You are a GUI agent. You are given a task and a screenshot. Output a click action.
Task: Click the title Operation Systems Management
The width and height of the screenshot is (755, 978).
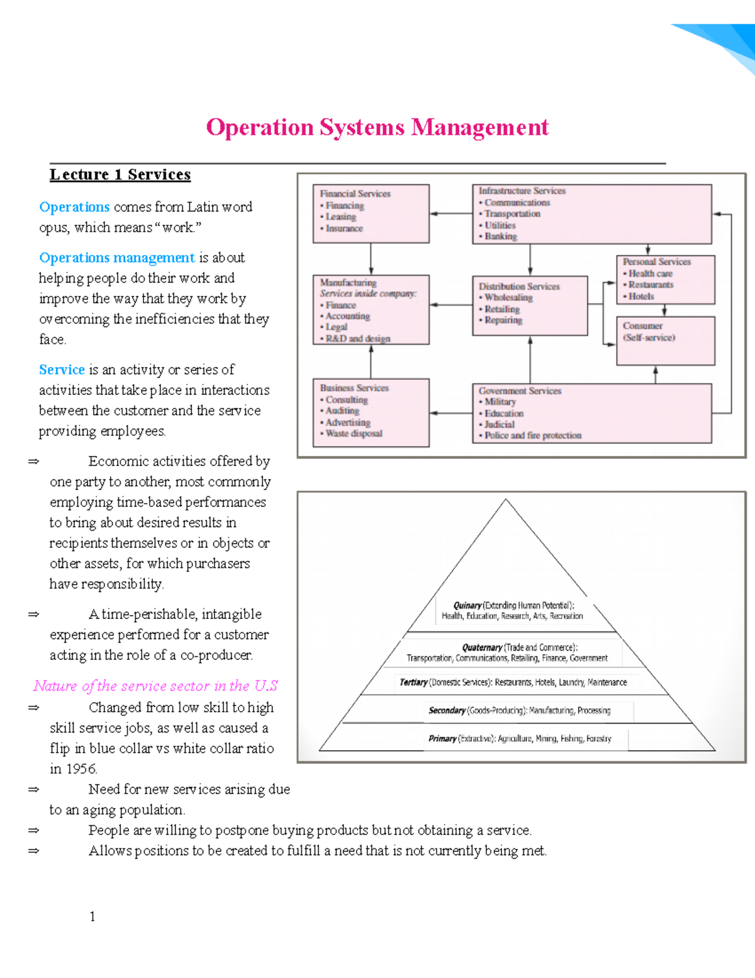click(x=377, y=128)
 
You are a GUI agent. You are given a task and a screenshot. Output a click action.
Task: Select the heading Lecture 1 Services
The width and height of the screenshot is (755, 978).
click(x=120, y=174)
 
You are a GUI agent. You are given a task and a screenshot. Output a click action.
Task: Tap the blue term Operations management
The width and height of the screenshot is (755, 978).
click(x=117, y=258)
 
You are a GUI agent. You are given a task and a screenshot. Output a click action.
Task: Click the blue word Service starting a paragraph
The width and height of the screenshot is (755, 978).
click(x=62, y=370)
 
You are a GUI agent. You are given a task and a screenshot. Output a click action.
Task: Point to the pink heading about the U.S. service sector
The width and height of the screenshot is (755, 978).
click(x=155, y=686)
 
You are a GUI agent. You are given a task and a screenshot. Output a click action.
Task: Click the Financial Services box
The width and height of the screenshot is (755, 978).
click(x=371, y=213)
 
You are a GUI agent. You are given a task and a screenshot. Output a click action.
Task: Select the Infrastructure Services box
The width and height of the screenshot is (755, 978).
click(x=591, y=213)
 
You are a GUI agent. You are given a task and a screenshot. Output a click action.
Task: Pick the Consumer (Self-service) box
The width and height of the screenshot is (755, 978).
click(x=665, y=341)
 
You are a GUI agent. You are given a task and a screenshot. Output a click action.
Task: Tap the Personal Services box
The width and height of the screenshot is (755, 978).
click(x=665, y=279)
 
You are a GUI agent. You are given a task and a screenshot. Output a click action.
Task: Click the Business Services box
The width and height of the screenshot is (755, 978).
click(x=371, y=412)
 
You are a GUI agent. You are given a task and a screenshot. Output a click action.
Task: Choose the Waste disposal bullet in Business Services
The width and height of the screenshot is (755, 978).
click(x=354, y=434)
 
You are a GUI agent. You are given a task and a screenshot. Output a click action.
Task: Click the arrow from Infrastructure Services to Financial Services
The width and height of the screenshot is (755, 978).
click(x=450, y=213)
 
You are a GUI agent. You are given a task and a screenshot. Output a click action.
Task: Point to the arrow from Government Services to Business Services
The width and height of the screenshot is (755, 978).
click(x=450, y=413)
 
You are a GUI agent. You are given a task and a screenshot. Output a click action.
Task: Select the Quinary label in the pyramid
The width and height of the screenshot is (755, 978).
click(x=467, y=605)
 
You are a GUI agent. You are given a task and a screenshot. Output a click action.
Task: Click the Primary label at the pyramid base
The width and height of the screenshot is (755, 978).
click(x=442, y=739)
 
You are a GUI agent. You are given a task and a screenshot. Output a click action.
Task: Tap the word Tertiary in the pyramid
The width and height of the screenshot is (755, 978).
click(x=413, y=682)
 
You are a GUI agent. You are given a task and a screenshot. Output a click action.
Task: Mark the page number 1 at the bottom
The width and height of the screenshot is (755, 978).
click(x=92, y=916)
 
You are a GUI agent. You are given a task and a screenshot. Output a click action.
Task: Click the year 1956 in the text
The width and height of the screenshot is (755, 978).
click(x=82, y=769)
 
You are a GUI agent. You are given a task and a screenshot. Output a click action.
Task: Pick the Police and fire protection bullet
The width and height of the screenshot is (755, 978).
click(x=532, y=436)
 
